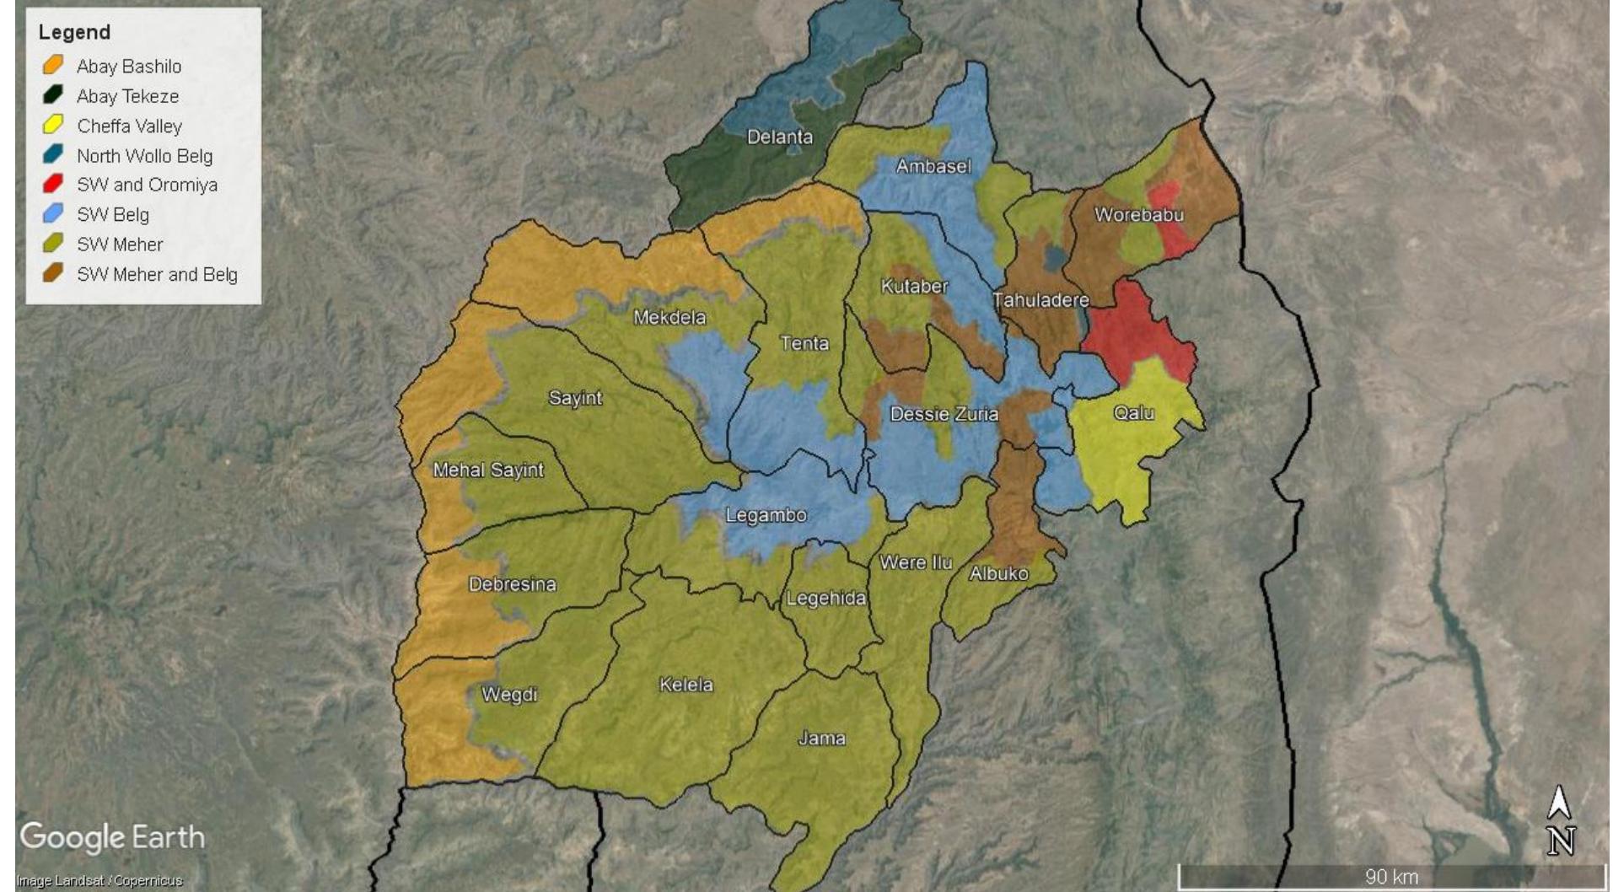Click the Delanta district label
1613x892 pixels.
(x=779, y=137)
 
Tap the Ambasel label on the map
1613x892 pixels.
(x=933, y=166)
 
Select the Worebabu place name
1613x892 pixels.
(x=1138, y=214)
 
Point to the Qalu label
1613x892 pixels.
(x=1133, y=412)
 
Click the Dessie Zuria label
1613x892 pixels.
(x=944, y=414)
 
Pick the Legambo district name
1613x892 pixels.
(x=766, y=515)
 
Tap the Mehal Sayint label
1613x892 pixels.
(x=488, y=470)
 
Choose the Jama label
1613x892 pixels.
(x=821, y=739)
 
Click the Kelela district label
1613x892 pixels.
(x=686, y=685)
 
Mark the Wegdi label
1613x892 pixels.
(x=509, y=695)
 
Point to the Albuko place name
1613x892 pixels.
(x=998, y=573)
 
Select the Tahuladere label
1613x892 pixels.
(x=1040, y=299)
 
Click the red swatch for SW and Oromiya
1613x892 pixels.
(x=53, y=184)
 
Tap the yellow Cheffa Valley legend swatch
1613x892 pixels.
(x=53, y=126)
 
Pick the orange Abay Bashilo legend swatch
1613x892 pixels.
(x=53, y=65)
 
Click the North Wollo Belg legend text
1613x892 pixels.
(x=144, y=156)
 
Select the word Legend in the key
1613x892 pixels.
(x=74, y=32)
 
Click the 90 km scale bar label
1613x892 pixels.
(x=1390, y=877)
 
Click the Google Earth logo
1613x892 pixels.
(x=112, y=837)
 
